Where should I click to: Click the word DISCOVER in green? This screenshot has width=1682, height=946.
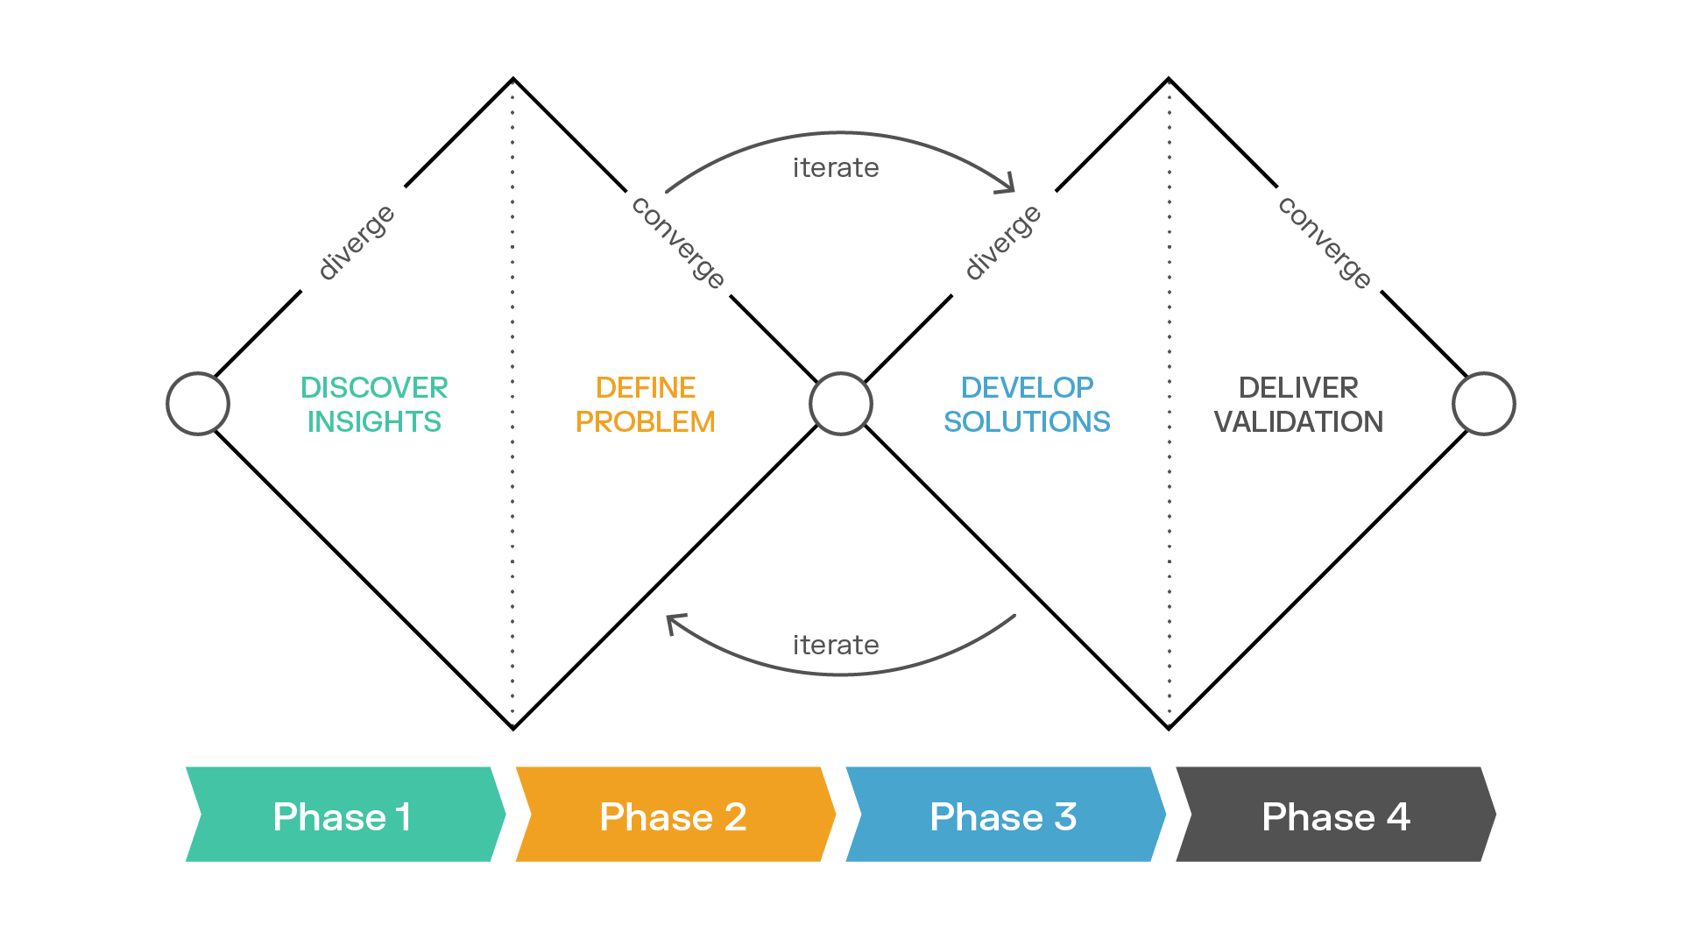[x=374, y=387]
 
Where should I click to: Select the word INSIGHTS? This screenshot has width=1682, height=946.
[x=374, y=422]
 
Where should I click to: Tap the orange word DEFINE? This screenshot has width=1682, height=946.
[x=646, y=387]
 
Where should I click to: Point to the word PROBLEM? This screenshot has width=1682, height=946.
[x=646, y=422]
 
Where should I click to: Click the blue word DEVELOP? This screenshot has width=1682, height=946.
[x=1027, y=387]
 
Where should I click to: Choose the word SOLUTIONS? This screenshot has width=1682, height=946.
[x=1027, y=422]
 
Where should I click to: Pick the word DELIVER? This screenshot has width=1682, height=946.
[x=1298, y=387]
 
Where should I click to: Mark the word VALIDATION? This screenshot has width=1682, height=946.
[x=1298, y=422]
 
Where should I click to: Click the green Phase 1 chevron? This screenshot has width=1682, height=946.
[x=345, y=815]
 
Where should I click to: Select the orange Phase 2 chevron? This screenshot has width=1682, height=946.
[x=675, y=815]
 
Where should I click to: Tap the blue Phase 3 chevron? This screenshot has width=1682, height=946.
[x=1005, y=815]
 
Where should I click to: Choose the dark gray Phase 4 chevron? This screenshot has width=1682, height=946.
[x=1335, y=815]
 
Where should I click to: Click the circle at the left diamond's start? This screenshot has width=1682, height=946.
[x=198, y=404]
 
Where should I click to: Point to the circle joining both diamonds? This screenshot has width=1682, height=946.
[x=841, y=404]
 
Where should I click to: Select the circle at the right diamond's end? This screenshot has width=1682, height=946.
[x=1484, y=404]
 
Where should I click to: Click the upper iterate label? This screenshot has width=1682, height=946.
[x=836, y=167]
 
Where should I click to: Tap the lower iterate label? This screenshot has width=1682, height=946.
[x=836, y=645]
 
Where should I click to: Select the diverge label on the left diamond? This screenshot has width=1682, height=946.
[x=356, y=243]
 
